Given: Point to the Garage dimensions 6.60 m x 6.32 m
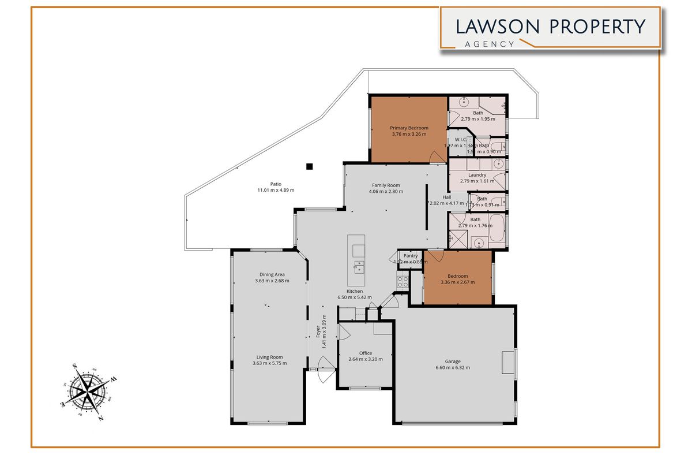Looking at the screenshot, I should (453, 368).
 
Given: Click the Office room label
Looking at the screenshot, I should (365, 353).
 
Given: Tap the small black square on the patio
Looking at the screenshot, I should (309, 166).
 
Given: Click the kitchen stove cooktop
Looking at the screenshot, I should (403, 281).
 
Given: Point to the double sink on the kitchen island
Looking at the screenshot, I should (358, 267).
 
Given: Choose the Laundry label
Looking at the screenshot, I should (477, 174).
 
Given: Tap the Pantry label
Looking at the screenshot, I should (411, 255).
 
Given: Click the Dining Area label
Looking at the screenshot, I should (272, 274).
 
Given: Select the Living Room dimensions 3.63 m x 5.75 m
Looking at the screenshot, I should (269, 363).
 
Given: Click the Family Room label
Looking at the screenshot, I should (386, 185).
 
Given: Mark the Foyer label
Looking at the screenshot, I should (318, 332).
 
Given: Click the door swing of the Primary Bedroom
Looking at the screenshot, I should (437, 157).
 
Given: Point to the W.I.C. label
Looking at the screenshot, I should (460, 139).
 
